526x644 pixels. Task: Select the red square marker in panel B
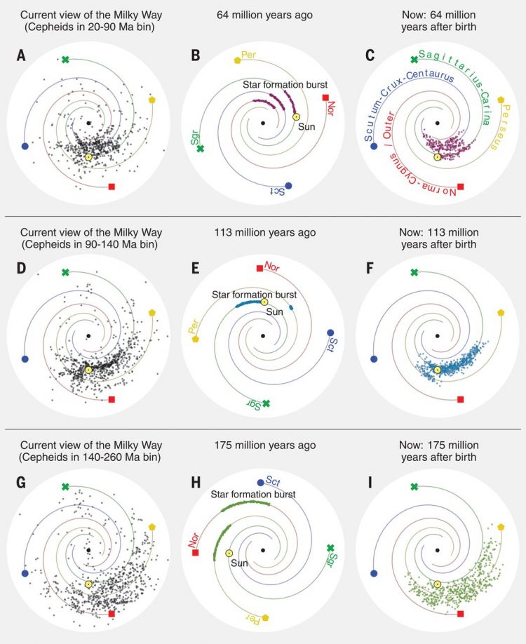pos(325,98)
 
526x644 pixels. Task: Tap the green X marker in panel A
pos(65,60)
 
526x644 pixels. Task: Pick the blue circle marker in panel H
pos(262,482)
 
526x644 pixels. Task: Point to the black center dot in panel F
pos(437,337)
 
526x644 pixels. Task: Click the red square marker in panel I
pos(460,614)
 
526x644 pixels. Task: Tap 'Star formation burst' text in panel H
pos(253,495)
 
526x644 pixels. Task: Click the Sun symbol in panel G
pos(88,584)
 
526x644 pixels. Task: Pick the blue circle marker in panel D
pos(25,359)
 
